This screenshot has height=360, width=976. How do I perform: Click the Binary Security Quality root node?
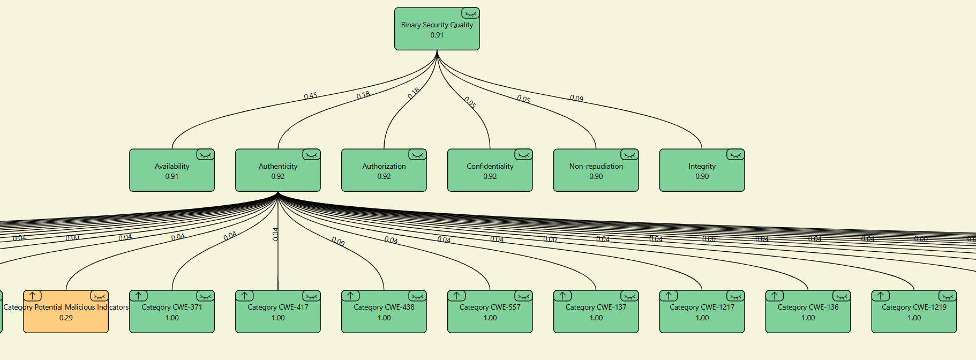(x=437, y=30)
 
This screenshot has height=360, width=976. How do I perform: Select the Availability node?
(x=171, y=171)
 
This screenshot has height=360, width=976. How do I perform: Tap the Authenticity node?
(x=277, y=171)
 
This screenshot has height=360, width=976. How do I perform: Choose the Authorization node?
(x=384, y=171)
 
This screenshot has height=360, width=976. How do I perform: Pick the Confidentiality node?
(x=490, y=171)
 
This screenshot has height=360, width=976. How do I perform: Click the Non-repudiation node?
(x=596, y=171)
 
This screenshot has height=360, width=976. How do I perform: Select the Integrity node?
(x=702, y=171)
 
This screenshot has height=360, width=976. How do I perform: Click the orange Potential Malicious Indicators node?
(x=66, y=313)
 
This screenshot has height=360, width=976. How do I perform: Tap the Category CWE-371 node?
(x=171, y=313)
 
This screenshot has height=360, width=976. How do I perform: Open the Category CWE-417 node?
(x=277, y=313)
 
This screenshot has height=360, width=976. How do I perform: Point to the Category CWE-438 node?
(x=384, y=313)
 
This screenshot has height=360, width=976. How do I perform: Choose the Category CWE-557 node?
(x=490, y=313)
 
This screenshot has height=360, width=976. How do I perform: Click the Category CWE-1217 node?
(x=702, y=313)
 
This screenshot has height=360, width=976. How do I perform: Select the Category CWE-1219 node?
(x=914, y=313)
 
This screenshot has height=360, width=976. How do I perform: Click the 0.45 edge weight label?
(x=311, y=96)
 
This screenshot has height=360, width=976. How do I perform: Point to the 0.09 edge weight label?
(x=576, y=99)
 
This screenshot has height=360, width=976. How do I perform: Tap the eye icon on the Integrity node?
(x=735, y=155)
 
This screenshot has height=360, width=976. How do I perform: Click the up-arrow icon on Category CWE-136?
(x=775, y=296)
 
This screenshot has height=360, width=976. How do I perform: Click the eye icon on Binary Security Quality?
(x=470, y=13)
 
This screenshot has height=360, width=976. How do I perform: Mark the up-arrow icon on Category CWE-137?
(x=562, y=296)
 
